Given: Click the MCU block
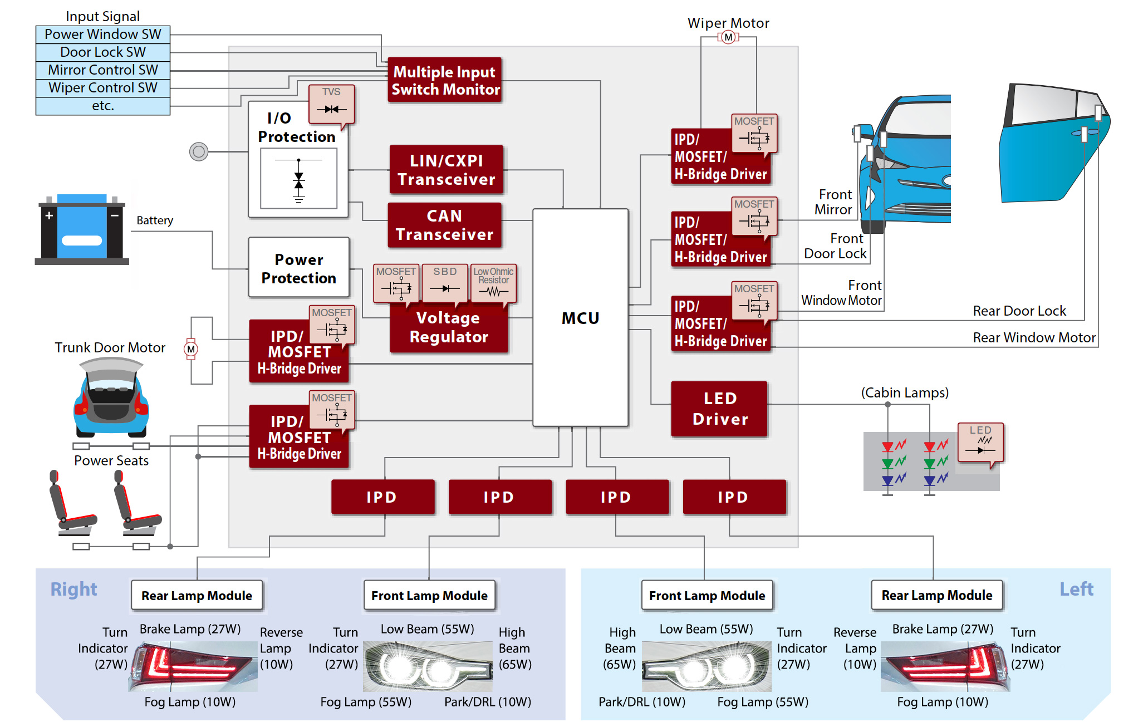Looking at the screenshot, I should tap(580, 318).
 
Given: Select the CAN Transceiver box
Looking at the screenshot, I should tap(444, 225).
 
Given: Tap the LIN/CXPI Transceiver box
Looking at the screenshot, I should tap(446, 170).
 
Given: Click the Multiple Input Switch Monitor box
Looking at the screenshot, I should tap(445, 80).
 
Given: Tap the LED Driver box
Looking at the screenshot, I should tap(719, 409).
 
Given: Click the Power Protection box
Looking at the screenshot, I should tap(299, 268).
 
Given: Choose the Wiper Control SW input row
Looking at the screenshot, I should tap(103, 88).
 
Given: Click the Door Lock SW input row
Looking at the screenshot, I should tap(103, 52).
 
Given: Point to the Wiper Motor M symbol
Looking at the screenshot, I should tap(728, 37).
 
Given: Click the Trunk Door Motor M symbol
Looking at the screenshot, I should tap(191, 349).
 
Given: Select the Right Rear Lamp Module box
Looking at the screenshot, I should tap(197, 596).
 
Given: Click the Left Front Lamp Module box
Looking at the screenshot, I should tap(707, 596).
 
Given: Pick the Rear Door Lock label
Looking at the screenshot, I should tap(1019, 311).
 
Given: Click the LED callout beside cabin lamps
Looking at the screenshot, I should tap(980, 443).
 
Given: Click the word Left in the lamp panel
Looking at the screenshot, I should tap(1076, 589).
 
